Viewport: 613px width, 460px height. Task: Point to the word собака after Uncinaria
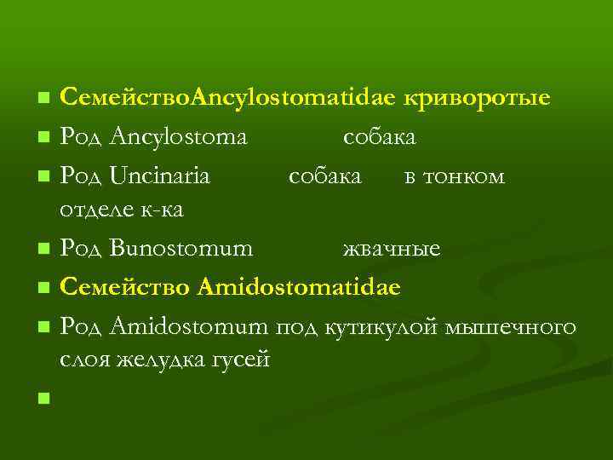coord(325,176)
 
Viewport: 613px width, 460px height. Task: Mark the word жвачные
coord(392,249)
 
